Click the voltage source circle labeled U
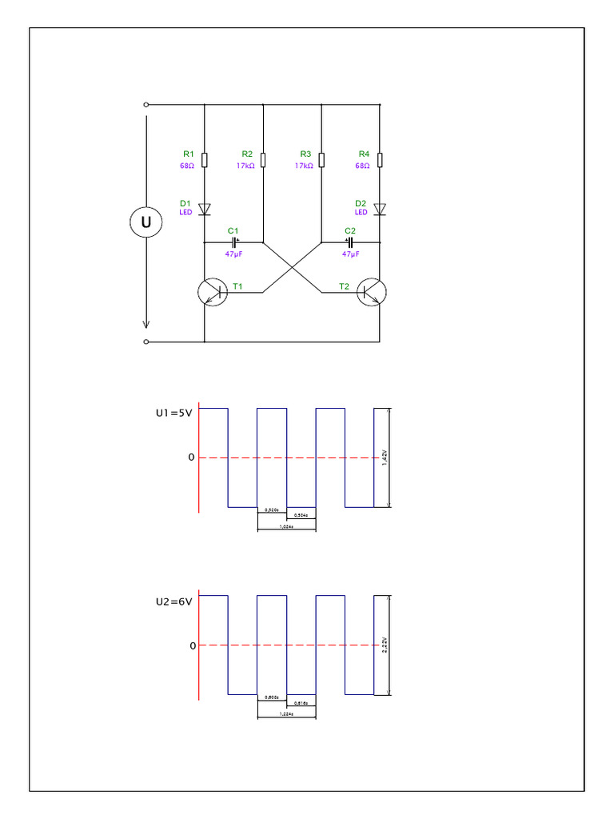click(146, 223)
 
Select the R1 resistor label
click(188, 154)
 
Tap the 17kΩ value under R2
click(245, 166)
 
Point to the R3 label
click(305, 154)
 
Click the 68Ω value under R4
click(362, 166)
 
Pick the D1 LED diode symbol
click(205, 209)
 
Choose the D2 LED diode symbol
click(380, 209)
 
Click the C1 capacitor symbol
click(234, 241)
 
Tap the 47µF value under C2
click(350, 254)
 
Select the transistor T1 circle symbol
click(212, 293)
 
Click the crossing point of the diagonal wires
click(292, 267)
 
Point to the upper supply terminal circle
click(146, 104)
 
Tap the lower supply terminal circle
click(146, 342)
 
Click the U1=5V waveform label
click(173, 413)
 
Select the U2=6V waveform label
click(173, 601)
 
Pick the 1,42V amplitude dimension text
click(385, 457)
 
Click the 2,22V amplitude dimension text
click(385, 645)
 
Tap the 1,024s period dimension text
click(286, 527)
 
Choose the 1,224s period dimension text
click(286, 714)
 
